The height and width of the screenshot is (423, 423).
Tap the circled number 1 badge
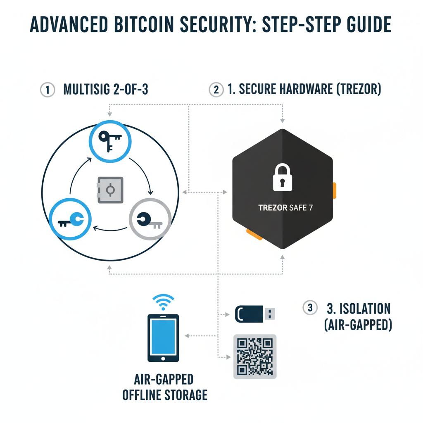click(x=48, y=90)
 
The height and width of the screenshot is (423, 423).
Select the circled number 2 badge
click(x=215, y=90)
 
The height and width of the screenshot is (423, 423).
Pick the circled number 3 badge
click(x=310, y=308)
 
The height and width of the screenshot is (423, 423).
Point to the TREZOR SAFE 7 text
click(x=285, y=207)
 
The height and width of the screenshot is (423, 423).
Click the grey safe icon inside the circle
click(x=110, y=190)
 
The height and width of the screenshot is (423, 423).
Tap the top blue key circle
click(x=110, y=141)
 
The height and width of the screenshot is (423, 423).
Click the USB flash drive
click(x=254, y=314)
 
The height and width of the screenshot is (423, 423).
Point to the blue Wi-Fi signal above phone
click(x=163, y=302)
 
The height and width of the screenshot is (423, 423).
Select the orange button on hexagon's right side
click(x=334, y=190)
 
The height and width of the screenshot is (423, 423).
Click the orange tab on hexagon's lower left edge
click(x=254, y=234)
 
